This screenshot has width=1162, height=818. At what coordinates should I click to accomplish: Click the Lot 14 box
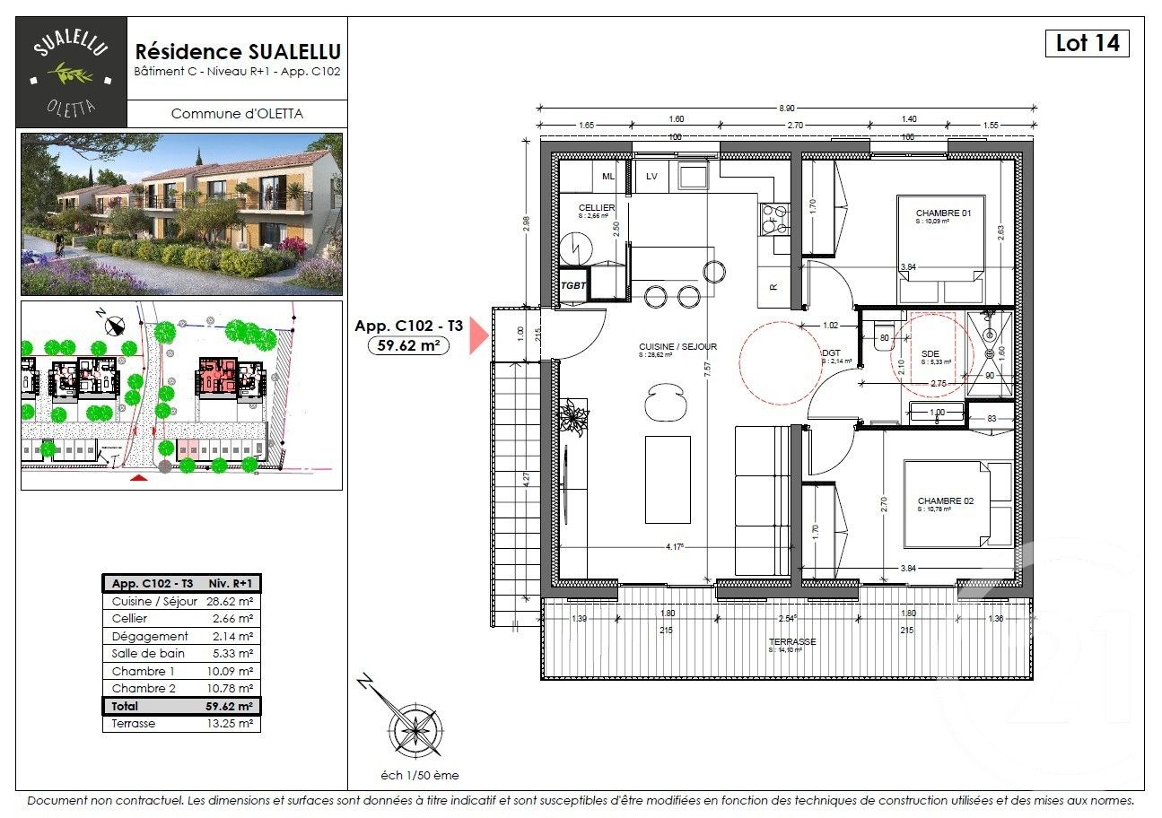pyautogui.click(x=1087, y=43)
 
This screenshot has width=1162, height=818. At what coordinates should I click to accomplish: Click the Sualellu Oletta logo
pyautogui.click(x=71, y=72)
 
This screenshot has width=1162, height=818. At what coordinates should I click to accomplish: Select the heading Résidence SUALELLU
pyautogui.click(x=237, y=52)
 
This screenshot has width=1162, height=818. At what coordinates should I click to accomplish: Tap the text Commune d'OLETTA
pyautogui.click(x=237, y=114)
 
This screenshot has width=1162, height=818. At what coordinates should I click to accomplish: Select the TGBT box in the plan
pyautogui.click(x=573, y=284)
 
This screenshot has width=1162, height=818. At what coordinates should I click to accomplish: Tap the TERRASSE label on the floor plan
pyautogui.click(x=792, y=642)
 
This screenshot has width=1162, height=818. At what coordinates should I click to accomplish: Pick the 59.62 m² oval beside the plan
pyautogui.click(x=408, y=345)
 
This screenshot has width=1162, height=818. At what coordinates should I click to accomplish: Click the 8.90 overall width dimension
pyautogui.click(x=787, y=108)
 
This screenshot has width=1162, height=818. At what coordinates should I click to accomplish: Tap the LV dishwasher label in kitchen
pyautogui.click(x=652, y=177)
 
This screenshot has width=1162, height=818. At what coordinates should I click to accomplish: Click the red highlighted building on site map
pyautogui.click(x=217, y=374)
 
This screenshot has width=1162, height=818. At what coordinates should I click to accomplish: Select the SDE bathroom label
pyautogui.click(x=930, y=354)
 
